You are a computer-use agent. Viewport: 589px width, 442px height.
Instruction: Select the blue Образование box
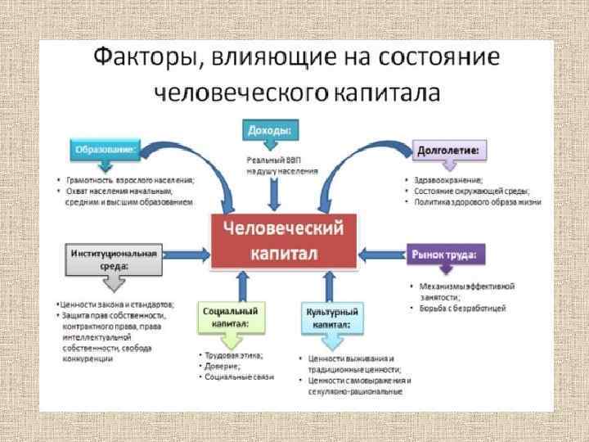click(x=106, y=150)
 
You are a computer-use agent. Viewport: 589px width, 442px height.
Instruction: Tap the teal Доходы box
click(x=270, y=129)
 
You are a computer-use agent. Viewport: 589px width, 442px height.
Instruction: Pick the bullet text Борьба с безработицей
click(x=463, y=309)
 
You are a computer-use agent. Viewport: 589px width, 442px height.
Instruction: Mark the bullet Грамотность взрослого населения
click(x=130, y=179)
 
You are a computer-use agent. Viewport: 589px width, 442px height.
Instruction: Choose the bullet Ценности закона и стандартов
click(x=114, y=304)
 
